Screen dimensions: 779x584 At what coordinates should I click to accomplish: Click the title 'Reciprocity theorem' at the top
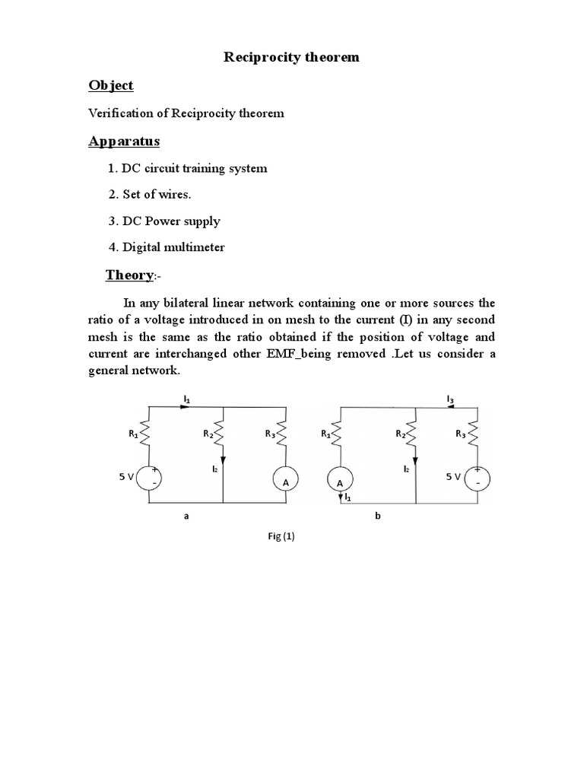(291, 57)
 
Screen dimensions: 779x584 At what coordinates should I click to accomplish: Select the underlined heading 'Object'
(111, 85)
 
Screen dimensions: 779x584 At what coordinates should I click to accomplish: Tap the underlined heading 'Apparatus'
(124, 141)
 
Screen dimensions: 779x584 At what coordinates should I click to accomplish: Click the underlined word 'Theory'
(129, 275)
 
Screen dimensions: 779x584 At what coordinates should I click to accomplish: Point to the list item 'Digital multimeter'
(167, 247)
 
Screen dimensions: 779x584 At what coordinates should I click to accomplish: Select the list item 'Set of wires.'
(149, 194)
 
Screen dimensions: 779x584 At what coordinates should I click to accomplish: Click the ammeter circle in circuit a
(284, 482)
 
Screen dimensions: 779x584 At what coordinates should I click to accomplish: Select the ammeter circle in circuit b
(340, 482)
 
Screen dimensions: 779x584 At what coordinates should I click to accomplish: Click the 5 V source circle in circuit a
(148, 477)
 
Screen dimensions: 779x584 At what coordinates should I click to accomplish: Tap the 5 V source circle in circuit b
(478, 477)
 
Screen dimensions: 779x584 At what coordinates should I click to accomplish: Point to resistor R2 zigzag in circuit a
(222, 436)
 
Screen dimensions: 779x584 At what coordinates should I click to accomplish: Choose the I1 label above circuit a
(186, 397)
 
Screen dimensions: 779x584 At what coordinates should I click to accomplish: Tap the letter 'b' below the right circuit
(376, 515)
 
